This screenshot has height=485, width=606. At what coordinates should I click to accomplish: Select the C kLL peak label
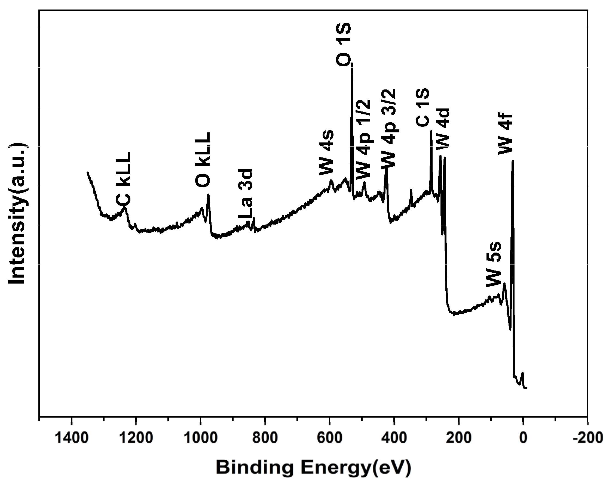(124, 179)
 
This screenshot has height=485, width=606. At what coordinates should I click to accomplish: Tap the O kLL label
(203, 160)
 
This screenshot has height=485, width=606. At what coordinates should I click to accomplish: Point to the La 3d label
(246, 194)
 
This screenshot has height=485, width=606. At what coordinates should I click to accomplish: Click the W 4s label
(326, 153)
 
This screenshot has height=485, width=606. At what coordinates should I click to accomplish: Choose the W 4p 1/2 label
(363, 139)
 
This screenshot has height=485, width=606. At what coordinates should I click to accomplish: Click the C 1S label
(423, 107)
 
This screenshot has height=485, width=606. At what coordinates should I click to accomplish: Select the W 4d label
(443, 129)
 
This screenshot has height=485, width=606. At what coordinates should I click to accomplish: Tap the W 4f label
(505, 134)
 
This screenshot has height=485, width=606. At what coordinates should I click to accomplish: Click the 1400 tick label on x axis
(72, 438)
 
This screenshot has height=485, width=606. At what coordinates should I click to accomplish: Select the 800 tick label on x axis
(265, 438)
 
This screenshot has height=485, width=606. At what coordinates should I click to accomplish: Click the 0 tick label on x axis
(523, 438)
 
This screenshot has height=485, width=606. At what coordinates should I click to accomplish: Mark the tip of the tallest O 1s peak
(352, 63)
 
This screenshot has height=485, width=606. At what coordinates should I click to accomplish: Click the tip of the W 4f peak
(513, 161)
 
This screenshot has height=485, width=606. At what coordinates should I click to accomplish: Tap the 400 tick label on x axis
(394, 438)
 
